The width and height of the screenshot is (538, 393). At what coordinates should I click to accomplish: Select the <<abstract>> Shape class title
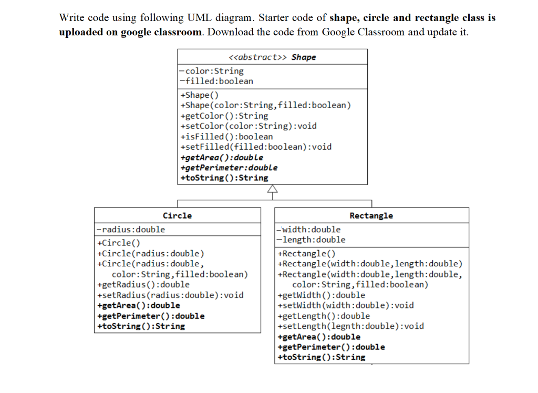pos(272,57)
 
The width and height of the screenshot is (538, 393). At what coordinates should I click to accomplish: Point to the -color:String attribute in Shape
pos(212,71)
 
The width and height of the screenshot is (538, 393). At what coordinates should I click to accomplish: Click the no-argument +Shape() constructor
pos(199,95)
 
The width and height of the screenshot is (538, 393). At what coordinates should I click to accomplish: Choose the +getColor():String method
pos(224,116)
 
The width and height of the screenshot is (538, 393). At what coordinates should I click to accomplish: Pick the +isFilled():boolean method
pos(227,137)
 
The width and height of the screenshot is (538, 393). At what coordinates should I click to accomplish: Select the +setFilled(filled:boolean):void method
pos(256,147)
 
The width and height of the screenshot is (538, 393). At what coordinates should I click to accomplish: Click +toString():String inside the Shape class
pos(224,178)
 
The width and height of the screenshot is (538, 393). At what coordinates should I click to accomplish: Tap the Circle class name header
pos(178,215)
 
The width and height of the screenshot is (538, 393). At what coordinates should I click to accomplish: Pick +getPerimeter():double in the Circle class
pos(151,316)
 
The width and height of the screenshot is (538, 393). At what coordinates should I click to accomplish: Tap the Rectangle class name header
pos(371,215)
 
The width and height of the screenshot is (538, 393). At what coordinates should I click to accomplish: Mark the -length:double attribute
pos(312,240)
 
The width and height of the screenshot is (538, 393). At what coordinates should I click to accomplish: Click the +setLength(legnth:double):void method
pos(351,326)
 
